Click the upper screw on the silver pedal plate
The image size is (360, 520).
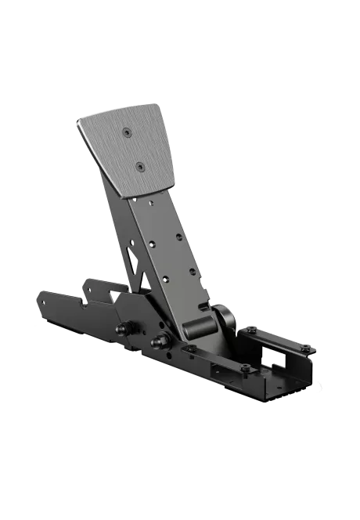(x=127, y=133)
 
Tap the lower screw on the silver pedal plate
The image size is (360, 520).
(x=139, y=165)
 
